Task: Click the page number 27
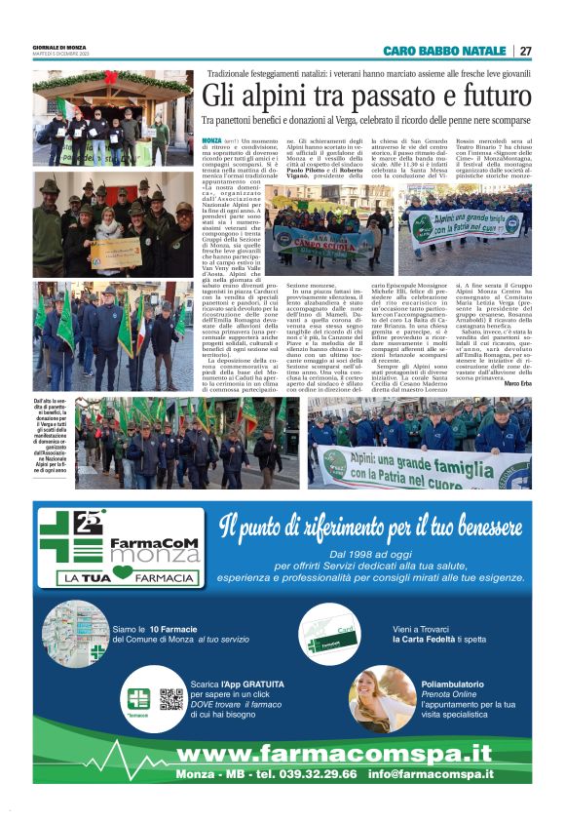click(525, 51)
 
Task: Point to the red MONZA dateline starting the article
click(210, 142)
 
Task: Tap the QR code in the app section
click(171, 698)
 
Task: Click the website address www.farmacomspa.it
click(334, 753)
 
